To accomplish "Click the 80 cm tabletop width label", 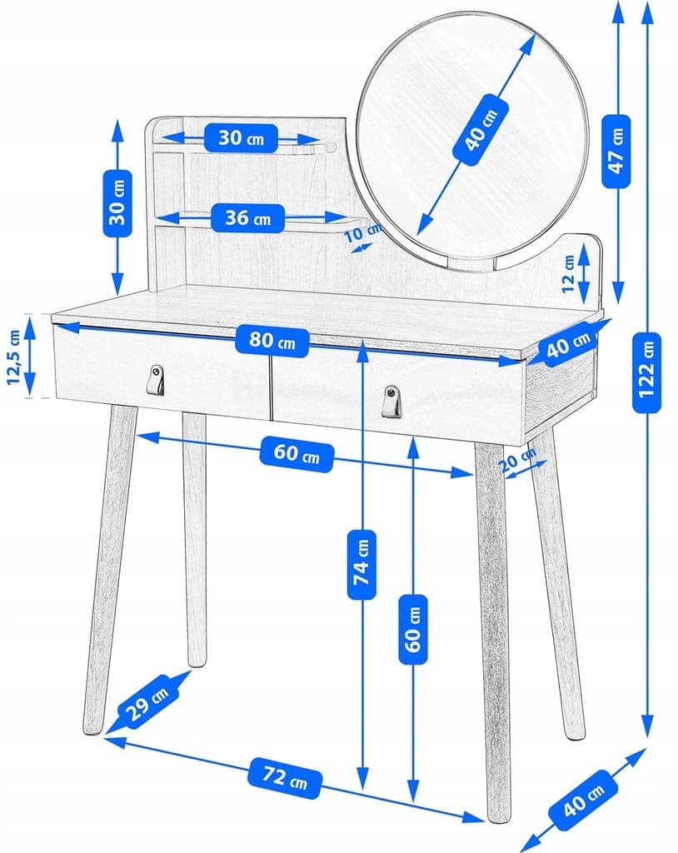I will (x=271, y=340).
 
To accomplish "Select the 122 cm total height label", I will (x=647, y=372).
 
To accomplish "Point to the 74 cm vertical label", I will (x=361, y=563).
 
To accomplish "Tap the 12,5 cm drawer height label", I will (x=13, y=357).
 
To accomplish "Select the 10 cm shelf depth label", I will (x=359, y=234).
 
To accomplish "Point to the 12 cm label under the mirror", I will (x=568, y=283).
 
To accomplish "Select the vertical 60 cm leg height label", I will (x=414, y=628).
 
